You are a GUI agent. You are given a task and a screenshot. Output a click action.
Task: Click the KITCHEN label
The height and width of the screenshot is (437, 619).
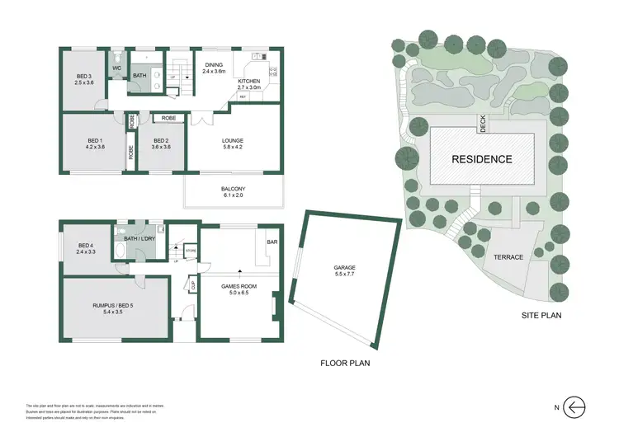coord(248,82)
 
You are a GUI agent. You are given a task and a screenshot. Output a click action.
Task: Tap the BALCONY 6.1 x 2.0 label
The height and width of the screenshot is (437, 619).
coord(234,192)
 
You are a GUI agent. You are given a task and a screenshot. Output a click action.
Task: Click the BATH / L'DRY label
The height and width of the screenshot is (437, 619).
coord(140,238)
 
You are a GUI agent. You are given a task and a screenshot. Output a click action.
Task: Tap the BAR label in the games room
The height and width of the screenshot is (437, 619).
coord(272,242)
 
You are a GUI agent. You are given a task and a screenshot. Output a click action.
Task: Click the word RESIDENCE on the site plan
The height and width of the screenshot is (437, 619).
coord(481,159)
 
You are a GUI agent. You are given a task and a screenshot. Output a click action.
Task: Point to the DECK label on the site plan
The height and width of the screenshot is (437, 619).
coord(483,124)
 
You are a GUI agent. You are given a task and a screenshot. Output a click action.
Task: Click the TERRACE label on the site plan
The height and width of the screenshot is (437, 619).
coord(508,257)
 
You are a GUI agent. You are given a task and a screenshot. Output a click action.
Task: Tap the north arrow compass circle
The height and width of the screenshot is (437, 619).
coord(576,406)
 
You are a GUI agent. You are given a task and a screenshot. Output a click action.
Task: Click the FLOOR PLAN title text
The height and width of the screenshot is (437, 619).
coord(346,362)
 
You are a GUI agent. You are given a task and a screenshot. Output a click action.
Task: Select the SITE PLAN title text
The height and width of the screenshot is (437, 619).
coord(542,315)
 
